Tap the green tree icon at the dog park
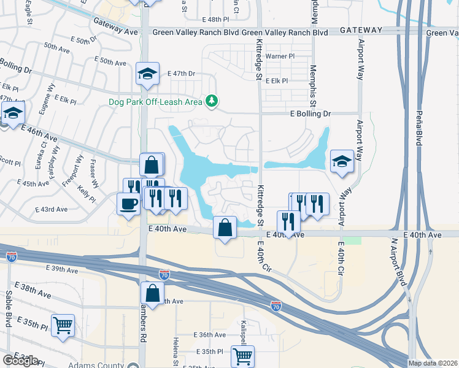click(x=212, y=100)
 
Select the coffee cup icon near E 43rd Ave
click(x=128, y=204)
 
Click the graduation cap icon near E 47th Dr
click(x=147, y=74)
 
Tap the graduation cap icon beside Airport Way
click(x=342, y=162)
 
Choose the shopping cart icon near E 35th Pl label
click(x=243, y=356)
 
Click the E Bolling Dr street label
click(x=310, y=113)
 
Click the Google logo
click(x=20, y=361)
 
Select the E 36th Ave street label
click(x=210, y=335)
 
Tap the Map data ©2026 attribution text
click(x=433, y=363)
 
